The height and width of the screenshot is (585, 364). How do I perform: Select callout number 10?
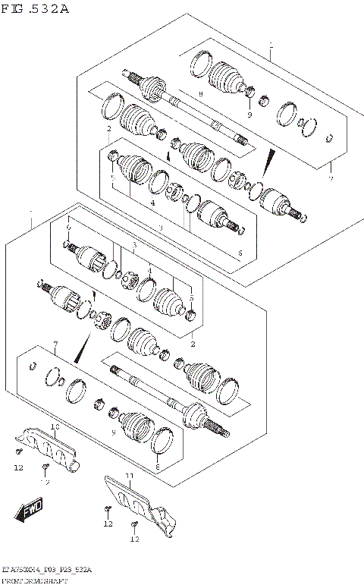pyautogui.click(x=55, y=428)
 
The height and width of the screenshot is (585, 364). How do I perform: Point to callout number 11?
pyautogui.click(x=130, y=476)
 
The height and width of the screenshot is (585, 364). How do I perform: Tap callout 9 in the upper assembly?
pyautogui.click(x=248, y=114)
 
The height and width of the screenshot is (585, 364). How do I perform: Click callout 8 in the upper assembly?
pyautogui.click(x=200, y=94)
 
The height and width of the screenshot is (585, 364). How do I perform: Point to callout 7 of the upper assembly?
pyautogui.click(x=331, y=178)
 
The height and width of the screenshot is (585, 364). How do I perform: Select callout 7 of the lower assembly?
pyautogui.click(x=55, y=345)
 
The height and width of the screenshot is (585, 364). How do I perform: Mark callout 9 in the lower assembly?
pyautogui.click(x=113, y=432)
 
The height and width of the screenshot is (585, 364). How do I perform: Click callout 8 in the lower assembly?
pyautogui.click(x=157, y=468)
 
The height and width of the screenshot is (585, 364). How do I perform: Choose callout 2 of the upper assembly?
pyautogui.click(x=109, y=129)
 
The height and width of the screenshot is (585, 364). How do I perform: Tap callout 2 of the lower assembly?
pyautogui.click(x=193, y=344)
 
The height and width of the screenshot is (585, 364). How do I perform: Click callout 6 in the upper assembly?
pyautogui.click(x=240, y=253)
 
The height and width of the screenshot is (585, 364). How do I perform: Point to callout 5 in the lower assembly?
pyautogui.click(x=191, y=290)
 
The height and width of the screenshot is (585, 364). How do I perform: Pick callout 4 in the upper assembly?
pyautogui.click(x=152, y=203)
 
